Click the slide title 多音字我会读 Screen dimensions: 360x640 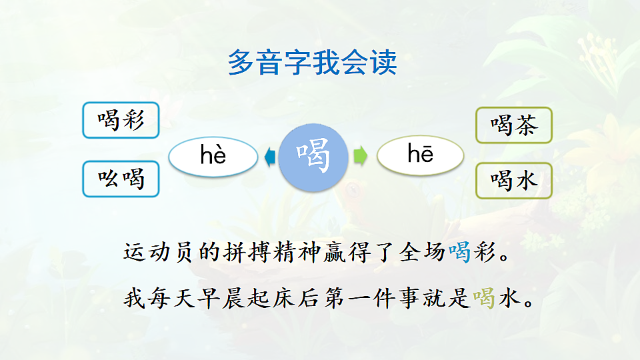[313, 63]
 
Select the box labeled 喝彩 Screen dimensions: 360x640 [121, 120]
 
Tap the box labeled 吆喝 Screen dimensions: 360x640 [121, 179]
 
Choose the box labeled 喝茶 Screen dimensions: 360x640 [513, 125]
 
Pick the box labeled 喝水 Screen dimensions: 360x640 [513, 180]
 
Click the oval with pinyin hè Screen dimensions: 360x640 [213, 156]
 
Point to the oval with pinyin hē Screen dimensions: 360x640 [420, 156]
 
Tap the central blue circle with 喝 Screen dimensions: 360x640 [313, 156]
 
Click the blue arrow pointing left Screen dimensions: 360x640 [270, 157]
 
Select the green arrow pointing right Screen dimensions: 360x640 [360, 157]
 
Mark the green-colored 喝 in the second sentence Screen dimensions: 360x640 [484, 298]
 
